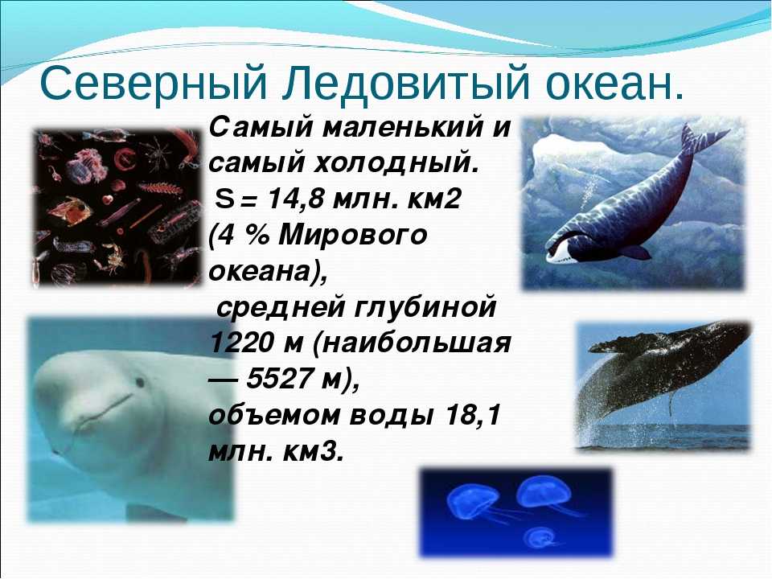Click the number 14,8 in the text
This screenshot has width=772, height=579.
(x=297, y=199)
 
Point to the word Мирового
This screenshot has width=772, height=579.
(x=352, y=236)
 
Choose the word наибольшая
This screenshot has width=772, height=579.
(x=412, y=344)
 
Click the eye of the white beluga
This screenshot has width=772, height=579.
(x=140, y=382)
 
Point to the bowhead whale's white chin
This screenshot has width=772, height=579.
(x=559, y=253)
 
